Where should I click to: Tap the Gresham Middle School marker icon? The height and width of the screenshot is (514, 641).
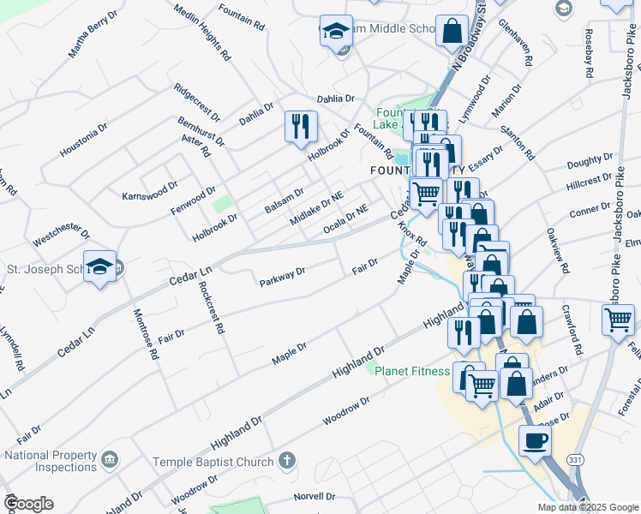[337, 31]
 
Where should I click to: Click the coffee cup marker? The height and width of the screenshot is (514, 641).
[535, 441]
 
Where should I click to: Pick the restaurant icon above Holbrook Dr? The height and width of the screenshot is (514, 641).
[301, 127]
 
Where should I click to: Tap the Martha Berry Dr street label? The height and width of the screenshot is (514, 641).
[94, 35]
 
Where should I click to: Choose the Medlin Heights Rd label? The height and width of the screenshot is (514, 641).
[202, 32]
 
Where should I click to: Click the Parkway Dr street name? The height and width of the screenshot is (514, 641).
[282, 277]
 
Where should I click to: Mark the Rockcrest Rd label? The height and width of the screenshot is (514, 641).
[211, 307]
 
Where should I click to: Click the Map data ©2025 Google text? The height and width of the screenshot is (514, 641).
[587, 507]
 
